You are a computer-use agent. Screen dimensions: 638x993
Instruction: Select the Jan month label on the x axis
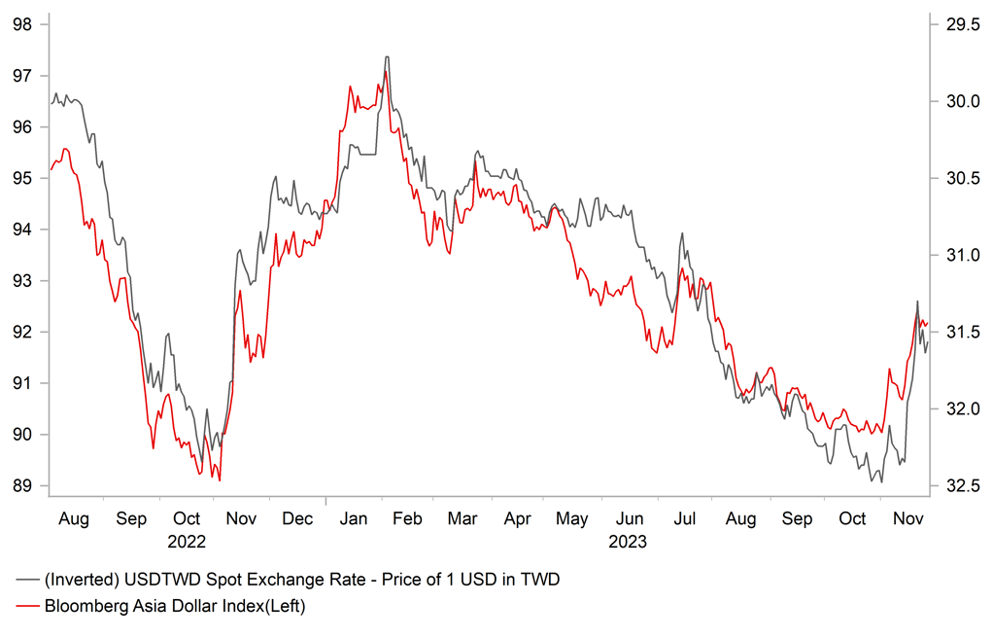tap(355, 519)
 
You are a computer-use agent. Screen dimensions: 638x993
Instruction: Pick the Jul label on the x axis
tap(686, 519)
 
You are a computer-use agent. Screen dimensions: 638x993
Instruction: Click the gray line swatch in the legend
tap(27, 581)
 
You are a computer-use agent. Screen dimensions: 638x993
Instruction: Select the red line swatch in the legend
tap(27, 606)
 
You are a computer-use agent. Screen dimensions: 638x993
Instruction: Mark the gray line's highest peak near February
tap(387, 56)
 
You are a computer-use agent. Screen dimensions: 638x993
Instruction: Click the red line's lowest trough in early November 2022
tap(221, 480)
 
